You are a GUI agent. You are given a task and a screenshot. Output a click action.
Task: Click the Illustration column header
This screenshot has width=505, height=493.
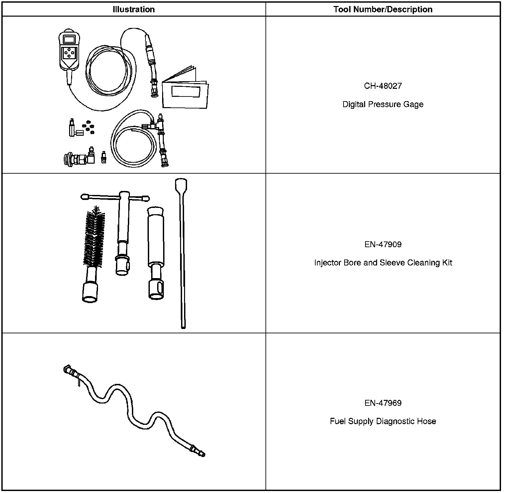134,9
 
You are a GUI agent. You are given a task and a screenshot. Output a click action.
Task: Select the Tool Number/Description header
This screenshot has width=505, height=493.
383,9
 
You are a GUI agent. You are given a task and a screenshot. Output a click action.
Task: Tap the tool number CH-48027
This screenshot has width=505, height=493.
383,86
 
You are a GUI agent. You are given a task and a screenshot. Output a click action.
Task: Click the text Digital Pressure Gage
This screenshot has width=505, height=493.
383,104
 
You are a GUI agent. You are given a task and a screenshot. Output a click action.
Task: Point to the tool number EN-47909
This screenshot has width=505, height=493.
383,245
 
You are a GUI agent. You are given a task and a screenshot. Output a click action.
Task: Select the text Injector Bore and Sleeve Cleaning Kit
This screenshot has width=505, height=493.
383,263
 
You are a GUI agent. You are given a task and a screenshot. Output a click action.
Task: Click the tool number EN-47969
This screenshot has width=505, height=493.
383,403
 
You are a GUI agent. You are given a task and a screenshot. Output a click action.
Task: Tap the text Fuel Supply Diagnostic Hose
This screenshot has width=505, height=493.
383,421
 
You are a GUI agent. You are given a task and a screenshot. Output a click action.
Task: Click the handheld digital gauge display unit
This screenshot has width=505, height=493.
69,50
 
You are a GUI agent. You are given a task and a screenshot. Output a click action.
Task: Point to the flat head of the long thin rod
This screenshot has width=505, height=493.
181,185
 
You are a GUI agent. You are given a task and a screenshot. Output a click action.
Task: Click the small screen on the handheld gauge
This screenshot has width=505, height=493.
69,39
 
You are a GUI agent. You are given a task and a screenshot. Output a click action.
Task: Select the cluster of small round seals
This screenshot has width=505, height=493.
89,126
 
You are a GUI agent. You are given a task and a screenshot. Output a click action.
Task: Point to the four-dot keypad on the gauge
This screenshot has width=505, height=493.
69,53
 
